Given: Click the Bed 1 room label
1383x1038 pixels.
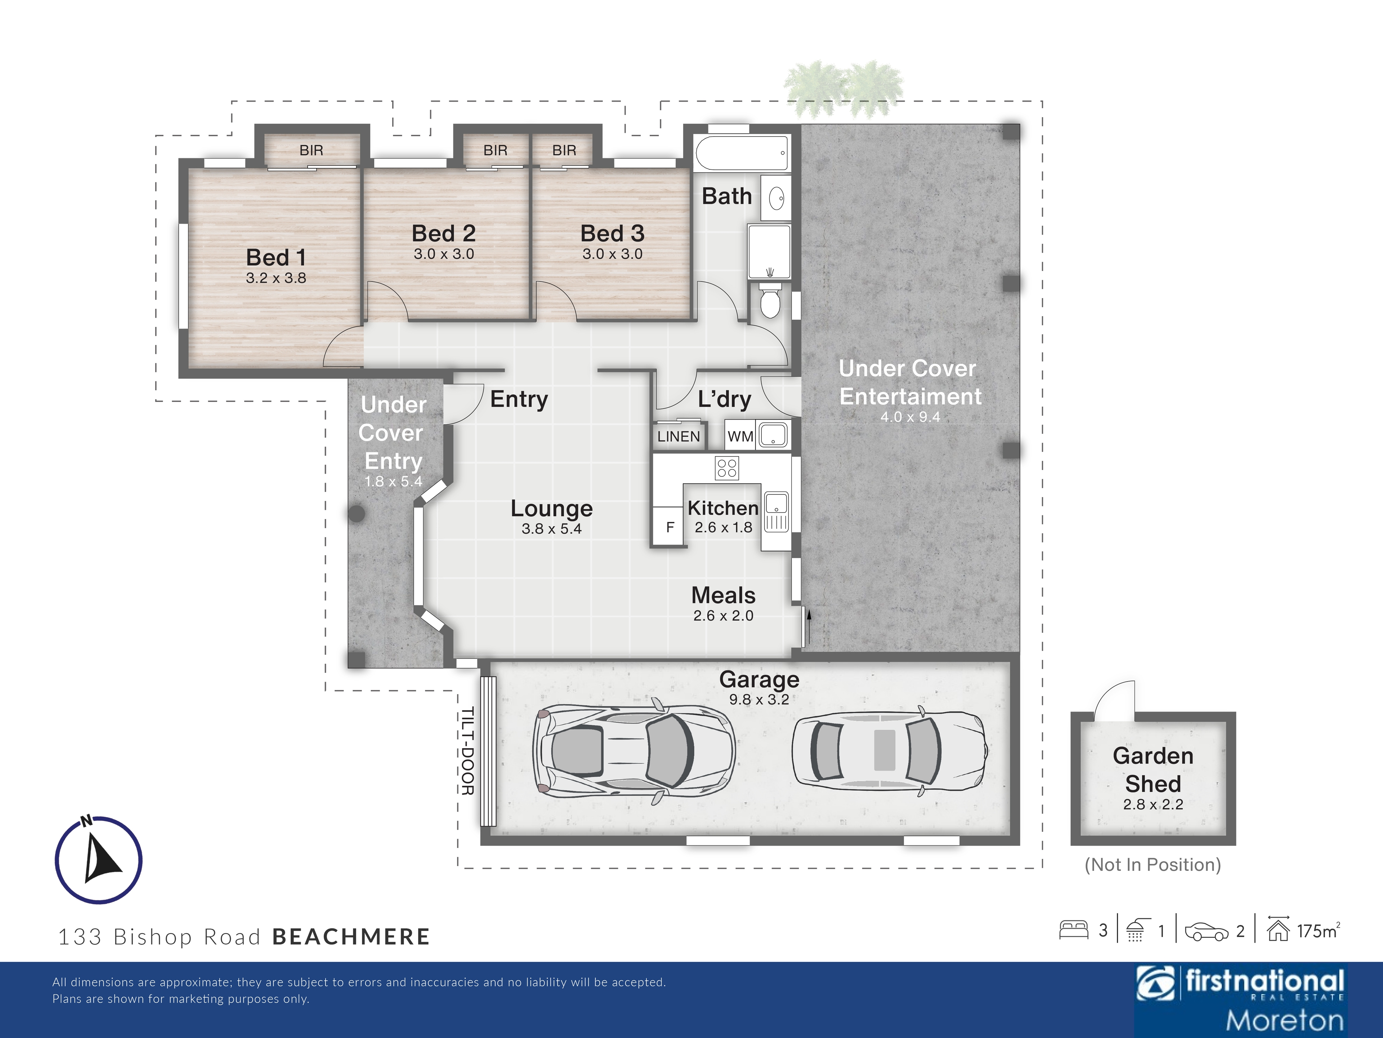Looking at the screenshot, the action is tap(276, 257).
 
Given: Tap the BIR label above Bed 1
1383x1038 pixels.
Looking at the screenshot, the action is tap(312, 150).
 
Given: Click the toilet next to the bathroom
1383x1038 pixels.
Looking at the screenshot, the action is tap(770, 300).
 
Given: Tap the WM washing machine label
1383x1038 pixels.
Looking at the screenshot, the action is tap(740, 436).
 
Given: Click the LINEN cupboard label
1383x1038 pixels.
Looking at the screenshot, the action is tap(679, 436).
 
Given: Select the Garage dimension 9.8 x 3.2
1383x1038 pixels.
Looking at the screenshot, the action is tap(759, 700).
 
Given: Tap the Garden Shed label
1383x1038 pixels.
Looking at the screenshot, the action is tap(1153, 769).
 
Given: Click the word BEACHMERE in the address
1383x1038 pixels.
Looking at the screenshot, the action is tap(352, 937).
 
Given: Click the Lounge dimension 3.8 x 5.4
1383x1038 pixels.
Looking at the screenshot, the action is tap(551, 529).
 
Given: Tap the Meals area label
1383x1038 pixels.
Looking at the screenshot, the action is tap(724, 595).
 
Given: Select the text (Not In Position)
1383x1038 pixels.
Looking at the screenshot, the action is tap(1152, 865).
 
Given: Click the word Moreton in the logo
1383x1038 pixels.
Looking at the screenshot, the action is tap(1284, 1020).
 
